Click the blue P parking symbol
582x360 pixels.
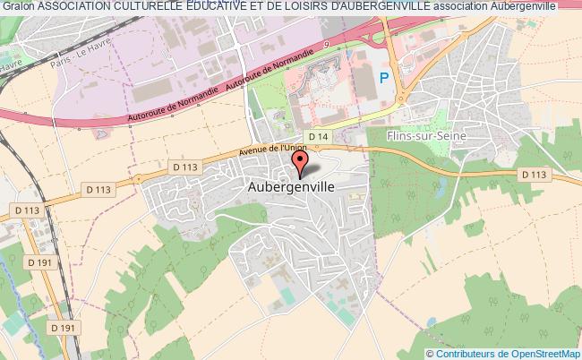click(x=384, y=79)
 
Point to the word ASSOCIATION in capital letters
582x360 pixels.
click(x=74, y=7)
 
